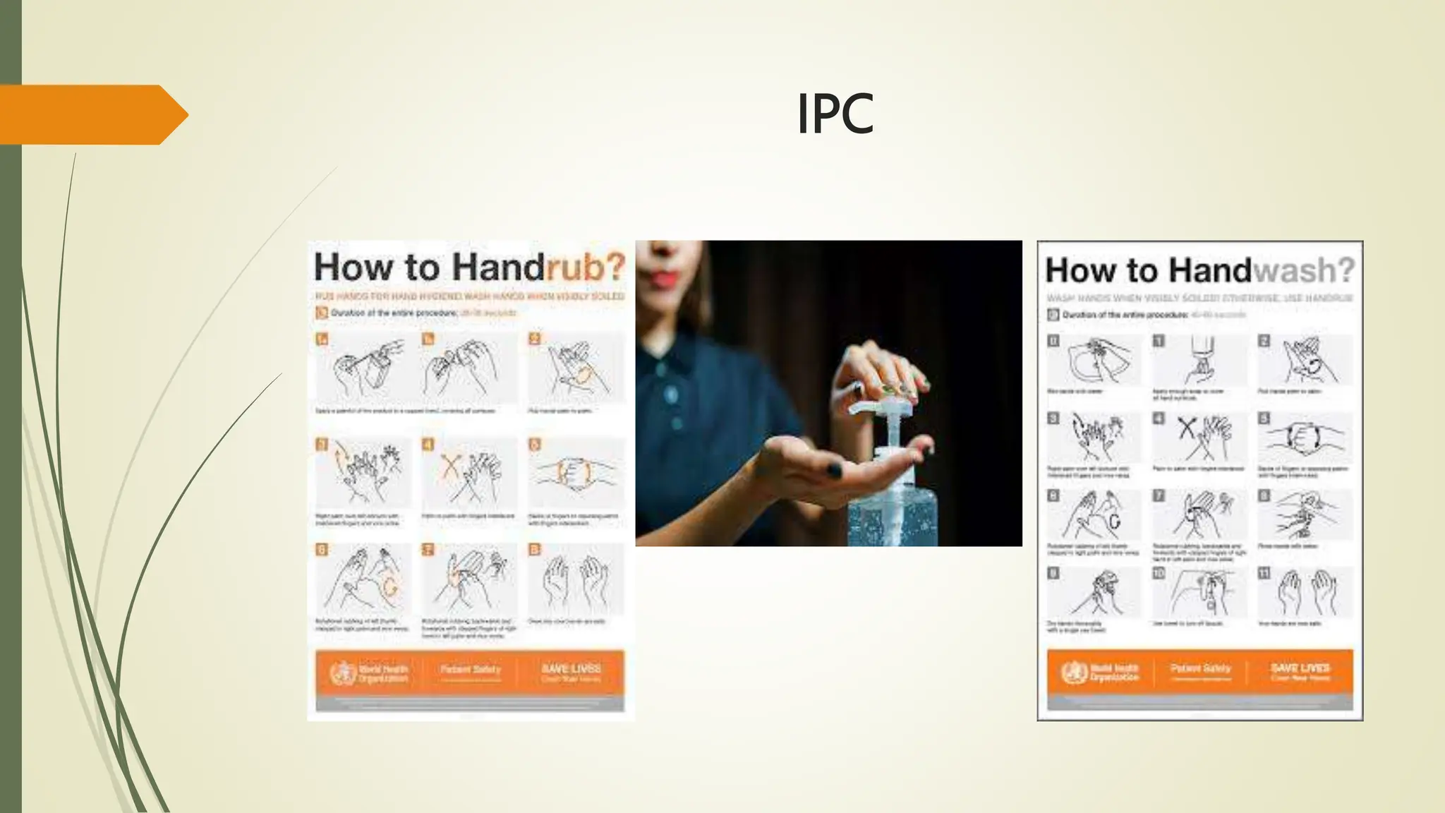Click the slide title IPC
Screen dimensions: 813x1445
[835, 114]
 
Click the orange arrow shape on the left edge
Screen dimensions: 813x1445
[92, 114]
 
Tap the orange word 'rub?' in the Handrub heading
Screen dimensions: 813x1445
[586, 267]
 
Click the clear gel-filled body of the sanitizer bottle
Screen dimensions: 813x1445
[893, 508]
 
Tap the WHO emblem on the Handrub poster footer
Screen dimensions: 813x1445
[343, 673]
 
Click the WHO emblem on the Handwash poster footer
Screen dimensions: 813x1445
[1074, 672]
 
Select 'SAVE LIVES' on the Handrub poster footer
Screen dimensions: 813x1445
[571, 668]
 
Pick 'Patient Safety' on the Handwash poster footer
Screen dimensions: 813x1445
[1200, 668]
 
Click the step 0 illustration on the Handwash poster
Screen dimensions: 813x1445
[1094, 360]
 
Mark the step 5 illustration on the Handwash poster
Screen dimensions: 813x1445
[1305, 438]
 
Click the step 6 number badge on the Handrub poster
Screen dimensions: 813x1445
[322, 550]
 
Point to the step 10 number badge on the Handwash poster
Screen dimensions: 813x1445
[1159, 573]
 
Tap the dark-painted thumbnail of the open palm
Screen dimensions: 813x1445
[834, 469]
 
